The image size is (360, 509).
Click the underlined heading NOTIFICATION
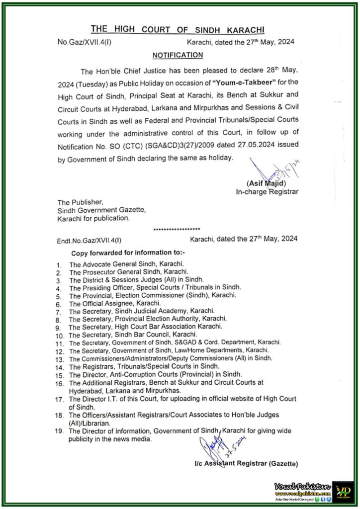[x=178, y=55]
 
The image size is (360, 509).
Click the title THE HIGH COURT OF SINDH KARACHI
[x=178, y=30]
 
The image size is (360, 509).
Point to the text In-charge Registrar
[x=267, y=191]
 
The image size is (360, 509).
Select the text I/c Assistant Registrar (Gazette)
[x=246, y=464]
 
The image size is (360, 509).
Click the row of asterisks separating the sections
[x=177, y=229]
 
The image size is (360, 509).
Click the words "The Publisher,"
[x=80, y=202]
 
